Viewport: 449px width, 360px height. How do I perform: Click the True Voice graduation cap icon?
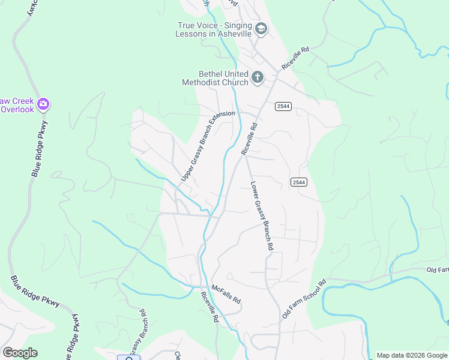tap(261, 28)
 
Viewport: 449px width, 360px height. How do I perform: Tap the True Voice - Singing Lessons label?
tap(213, 29)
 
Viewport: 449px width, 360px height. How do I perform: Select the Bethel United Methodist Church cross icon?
tap(258, 77)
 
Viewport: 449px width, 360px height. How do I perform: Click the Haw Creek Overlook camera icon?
tap(43, 104)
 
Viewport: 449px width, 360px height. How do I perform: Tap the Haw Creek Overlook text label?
tap(16, 105)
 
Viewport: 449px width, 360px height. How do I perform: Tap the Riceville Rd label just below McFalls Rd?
tap(209, 307)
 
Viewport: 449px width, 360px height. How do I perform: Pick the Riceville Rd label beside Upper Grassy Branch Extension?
tap(249, 139)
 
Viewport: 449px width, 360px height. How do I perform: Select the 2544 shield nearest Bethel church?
tap(283, 106)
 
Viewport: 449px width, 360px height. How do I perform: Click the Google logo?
tap(20, 353)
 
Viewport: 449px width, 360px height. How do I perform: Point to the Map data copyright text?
tap(412, 355)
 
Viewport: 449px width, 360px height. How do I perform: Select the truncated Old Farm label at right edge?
tap(437, 271)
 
